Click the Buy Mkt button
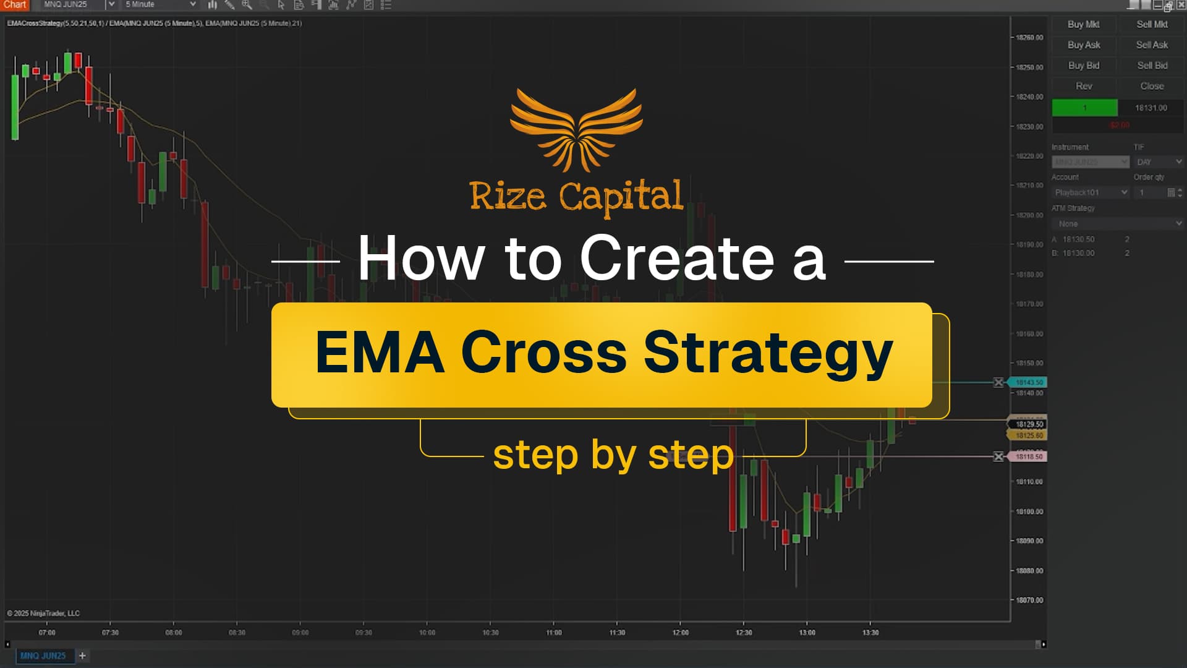[1083, 25]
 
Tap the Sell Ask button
[1152, 45]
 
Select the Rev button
[1084, 87]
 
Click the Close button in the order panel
[1152, 87]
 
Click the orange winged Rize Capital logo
[576, 130]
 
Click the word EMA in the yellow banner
[380, 353]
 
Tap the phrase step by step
[613, 455]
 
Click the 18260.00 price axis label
[1029, 38]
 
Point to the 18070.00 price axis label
[1029, 601]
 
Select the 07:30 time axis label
[110, 633]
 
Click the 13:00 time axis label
[807, 633]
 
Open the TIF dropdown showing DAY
[1159, 162]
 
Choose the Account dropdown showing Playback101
[1091, 193]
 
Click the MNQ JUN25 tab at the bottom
[43, 656]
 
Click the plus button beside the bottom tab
[82, 656]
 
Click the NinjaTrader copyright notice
[43, 614]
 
